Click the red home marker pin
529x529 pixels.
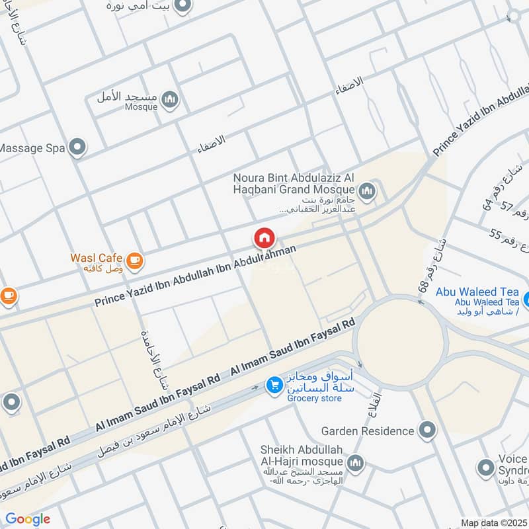coord(264,238)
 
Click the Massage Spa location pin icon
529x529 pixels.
coord(78,147)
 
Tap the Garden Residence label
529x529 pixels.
coord(367,431)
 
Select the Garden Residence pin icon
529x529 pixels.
coord(428,431)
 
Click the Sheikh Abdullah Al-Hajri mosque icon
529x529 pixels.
coord(355,462)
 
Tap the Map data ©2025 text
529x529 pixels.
coord(494,522)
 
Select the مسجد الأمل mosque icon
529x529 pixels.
coord(171,100)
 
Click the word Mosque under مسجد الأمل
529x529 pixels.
coord(141,107)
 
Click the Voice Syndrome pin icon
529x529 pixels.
coord(487,468)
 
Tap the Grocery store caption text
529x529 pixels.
coord(314,398)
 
